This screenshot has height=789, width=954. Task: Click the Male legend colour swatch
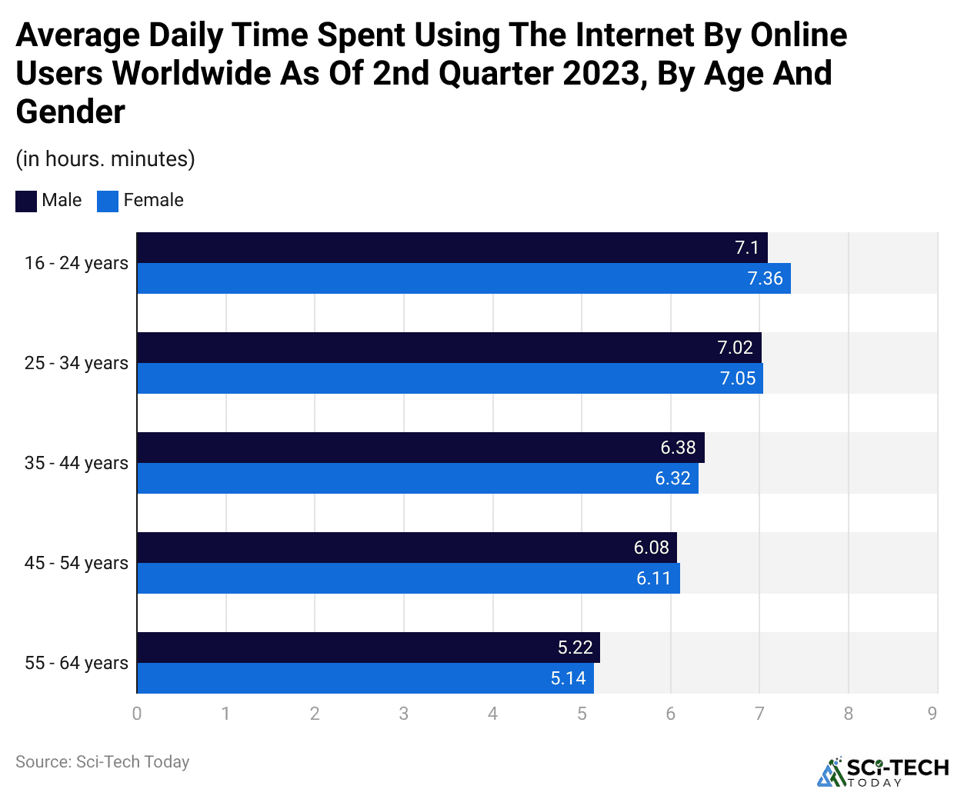click(26, 201)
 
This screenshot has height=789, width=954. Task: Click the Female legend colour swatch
click(108, 201)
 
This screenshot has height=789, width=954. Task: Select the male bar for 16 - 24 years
click(452, 248)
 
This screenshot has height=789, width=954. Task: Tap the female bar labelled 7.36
click(464, 278)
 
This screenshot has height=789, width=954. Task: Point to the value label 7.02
click(735, 348)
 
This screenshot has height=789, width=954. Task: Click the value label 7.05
click(738, 378)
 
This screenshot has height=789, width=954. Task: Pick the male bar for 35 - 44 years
click(421, 448)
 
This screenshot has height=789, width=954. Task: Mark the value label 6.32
click(672, 478)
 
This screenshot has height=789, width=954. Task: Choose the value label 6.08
click(651, 548)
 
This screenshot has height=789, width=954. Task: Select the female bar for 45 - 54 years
click(409, 578)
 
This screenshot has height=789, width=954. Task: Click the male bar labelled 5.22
click(369, 648)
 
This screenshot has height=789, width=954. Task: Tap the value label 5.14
click(568, 678)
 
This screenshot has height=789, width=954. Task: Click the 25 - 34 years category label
click(76, 363)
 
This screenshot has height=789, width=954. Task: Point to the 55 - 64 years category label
click(76, 663)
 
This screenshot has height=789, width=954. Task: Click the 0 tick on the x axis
click(137, 714)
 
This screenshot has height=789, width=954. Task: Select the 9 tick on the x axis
click(932, 714)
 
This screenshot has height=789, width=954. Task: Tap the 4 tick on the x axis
click(492, 714)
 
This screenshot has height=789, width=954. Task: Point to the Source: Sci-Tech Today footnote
click(102, 762)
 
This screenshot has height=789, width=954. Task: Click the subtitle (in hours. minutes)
click(105, 159)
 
